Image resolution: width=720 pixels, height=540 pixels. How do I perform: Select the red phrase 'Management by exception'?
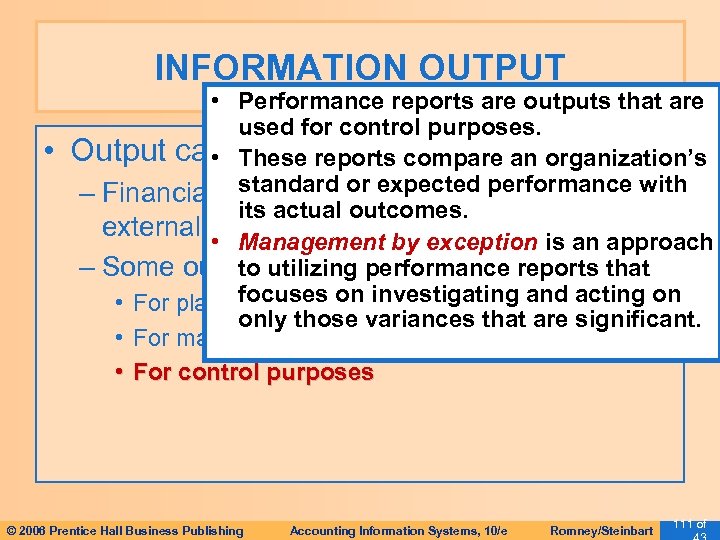coord(390,243)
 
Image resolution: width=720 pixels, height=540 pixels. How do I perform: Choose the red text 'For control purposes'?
coord(253,373)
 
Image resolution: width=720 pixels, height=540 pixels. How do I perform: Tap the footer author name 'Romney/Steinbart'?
coord(602,530)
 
